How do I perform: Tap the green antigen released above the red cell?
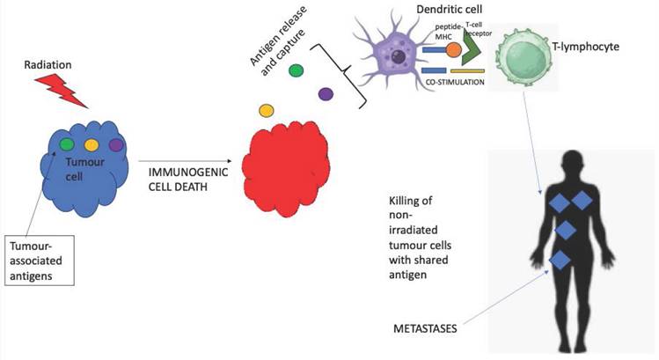[x=297, y=70]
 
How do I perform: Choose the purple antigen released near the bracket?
[x=326, y=93]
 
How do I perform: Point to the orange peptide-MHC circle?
[x=453, y=51]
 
